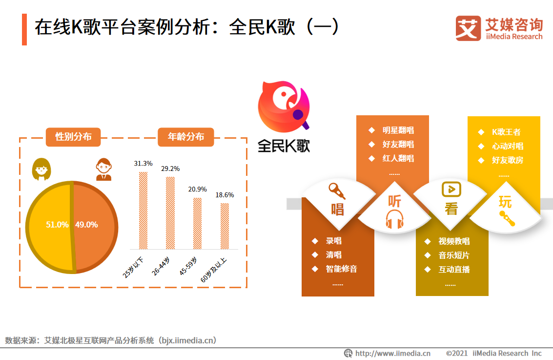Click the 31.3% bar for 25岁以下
pyautogui.click(x=143, y=210)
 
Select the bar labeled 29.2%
pyautogui.click(x=170, y=212)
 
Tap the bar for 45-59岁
pyautogui.click(x=197, y=223)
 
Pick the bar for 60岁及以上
pyautogui.click(x=225, y=226)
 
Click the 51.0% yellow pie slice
pyautogui.click(x=49, y=226)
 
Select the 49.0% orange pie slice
pyautogui.click(x=94, y=226)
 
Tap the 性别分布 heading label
pyautogui.click(x=73, y=137)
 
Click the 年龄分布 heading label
pyautogui.click(x=185, y=137)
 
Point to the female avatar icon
pyautogui.click(x=41, y=169)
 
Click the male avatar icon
pyautogui.click(x=103, y=169)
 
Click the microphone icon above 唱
pyautogui.click(x=336, y=190)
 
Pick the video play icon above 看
pyautogui.click(x=451, y=189)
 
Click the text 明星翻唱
pyautogui.click(x=398, y=130)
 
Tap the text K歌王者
pyautogui.click(x=506, y=132)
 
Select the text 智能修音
pyautogui.click(x=341, y=269)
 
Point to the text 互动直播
pyautogui.click(x=453, y=269)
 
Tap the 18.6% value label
pyautogui.click(x=225, y=195)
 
